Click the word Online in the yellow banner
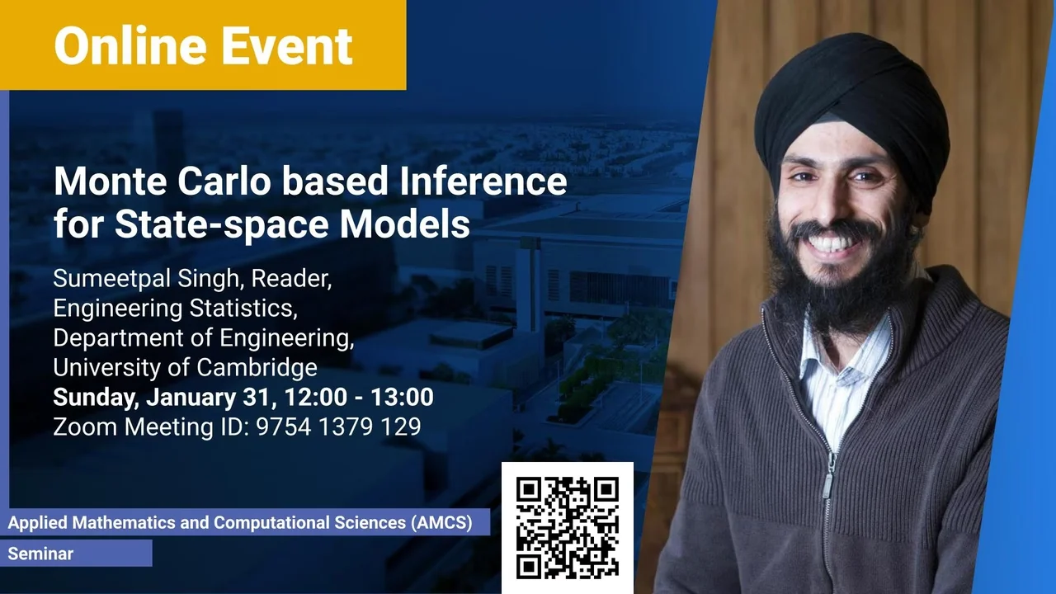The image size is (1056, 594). (x=130, y=46)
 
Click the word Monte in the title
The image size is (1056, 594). (x=111, y=181)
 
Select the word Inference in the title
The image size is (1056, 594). (x=483, y=181)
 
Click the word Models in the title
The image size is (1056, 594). (x=405, y=224)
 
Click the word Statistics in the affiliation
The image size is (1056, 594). (x=243, y=309)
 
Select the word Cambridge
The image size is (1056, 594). (x=257, y=368)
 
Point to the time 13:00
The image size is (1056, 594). (x=402, y=397)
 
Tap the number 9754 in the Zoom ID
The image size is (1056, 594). (x=284, y=427)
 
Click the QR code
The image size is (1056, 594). (x=567, y=527)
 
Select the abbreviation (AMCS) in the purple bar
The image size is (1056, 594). (x=441, y=523)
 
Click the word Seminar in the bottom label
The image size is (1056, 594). (x=40, y=554)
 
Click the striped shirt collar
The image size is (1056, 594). (x=844, y=358)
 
